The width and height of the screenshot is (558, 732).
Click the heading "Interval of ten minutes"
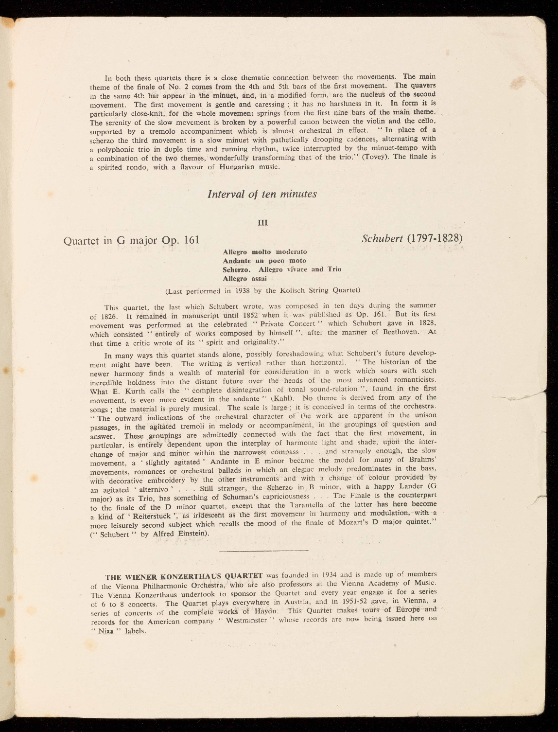coord(262,194)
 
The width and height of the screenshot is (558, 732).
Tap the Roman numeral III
coord(263,223)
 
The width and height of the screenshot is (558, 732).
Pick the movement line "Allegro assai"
coord(244,279)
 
